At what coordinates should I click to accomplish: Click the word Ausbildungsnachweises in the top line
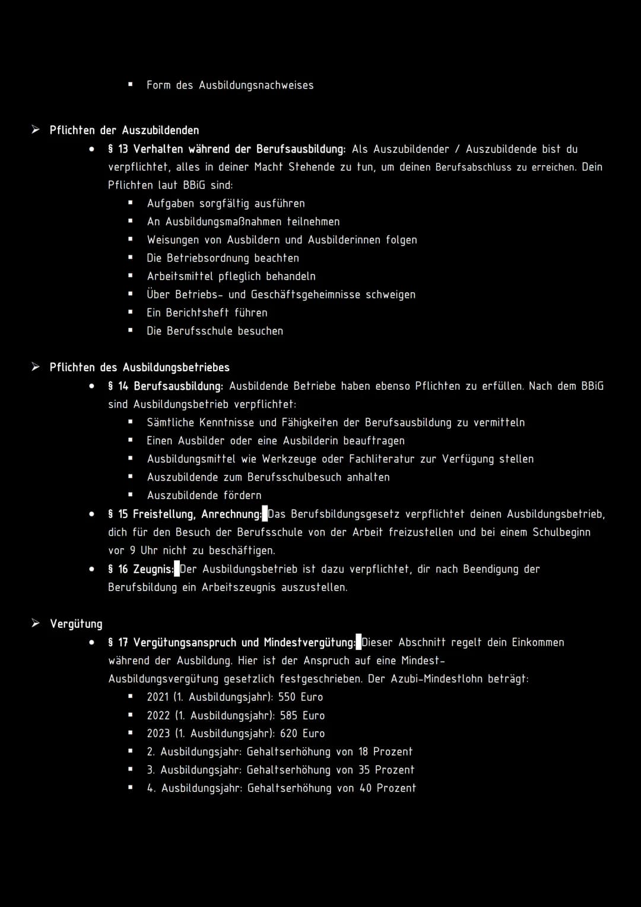(256, 85)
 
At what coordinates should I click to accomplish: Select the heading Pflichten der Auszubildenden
(124, 130)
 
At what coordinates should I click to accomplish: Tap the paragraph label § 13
(118, 149)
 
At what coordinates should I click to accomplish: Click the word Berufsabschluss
(473, 167)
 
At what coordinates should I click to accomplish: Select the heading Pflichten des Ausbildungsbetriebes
(139, 368)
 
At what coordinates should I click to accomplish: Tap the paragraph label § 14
(118, 386)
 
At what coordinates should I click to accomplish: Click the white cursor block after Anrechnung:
(265, 514)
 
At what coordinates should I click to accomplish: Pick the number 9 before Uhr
(132, 551)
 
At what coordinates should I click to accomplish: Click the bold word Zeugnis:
(153, 569)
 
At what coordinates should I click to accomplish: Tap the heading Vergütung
(76, 624)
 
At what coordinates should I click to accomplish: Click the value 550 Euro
(300, 697)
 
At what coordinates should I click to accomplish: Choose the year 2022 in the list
(158, 715)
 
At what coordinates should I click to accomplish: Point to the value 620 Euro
(302, 734)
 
